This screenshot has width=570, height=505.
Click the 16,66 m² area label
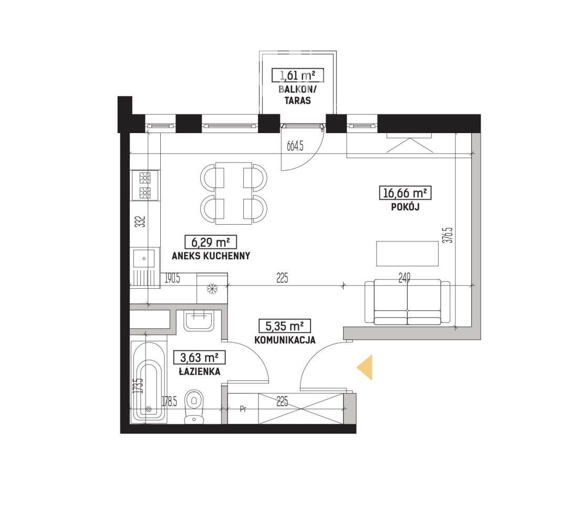coord(405,193)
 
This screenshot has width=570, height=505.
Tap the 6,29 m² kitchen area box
coord(211,242)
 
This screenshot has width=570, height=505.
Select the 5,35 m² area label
coord(285,326)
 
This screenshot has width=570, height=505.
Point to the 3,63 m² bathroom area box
coord(199,358)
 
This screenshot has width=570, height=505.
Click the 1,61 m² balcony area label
coord(298,75)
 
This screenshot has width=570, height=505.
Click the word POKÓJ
coord(406,207)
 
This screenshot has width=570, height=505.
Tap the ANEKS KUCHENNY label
coord(211,256)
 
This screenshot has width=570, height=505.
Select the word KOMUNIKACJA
coord(285,340)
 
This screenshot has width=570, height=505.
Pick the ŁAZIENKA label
coord(200,371)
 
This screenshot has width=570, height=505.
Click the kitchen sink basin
coord(144,258)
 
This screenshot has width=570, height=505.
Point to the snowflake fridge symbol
coord(212,289)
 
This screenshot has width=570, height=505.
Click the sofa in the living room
coord(407,302)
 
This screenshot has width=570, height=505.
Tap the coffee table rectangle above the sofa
coord(407,254)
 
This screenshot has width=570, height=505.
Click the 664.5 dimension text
coord(295,146)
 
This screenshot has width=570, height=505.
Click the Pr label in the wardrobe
coord(243,409)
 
